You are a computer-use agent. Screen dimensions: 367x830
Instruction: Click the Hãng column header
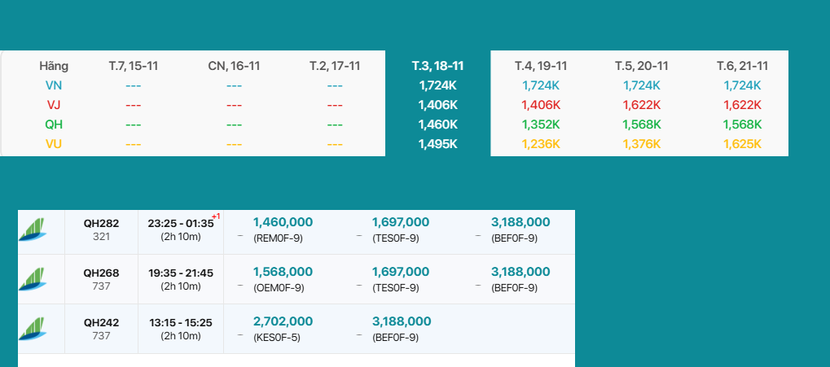tap(54, 66)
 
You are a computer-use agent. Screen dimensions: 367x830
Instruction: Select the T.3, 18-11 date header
tap(437, 66)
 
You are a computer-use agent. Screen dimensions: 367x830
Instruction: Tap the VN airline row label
tap(54, 85)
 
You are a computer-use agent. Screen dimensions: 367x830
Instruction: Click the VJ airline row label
tap(54, 104)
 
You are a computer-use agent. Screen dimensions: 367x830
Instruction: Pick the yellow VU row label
tap(54, 143)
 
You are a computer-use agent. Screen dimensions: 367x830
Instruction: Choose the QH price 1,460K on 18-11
tap(437, 125)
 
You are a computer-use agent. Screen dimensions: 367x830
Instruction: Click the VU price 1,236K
tap(541, 143)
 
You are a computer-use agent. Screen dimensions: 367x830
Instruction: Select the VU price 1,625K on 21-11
tap(741, 143)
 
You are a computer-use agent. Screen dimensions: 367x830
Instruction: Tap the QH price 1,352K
tap(541, 125)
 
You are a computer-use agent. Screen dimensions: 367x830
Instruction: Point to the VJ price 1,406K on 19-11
tap(541, 104)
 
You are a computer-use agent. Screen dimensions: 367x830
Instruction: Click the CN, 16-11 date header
tap(234, 66)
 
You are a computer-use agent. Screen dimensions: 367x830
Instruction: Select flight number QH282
tap(101, 223)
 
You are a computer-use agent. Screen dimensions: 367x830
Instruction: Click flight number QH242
tap(101, 322)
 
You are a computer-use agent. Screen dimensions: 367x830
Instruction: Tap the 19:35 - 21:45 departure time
tap(181, 273)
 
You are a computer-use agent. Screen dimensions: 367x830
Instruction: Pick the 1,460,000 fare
tap(283, 222)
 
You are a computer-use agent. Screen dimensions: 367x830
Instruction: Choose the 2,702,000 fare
tap(283, 321)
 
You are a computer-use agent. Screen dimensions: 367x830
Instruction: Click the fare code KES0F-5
tap(277, 337)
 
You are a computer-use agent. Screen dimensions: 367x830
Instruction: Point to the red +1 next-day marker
tap(216, 216)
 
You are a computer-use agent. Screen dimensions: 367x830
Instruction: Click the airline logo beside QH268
tap(33, 279)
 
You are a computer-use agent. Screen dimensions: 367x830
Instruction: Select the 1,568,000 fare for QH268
tap(283, 272)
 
